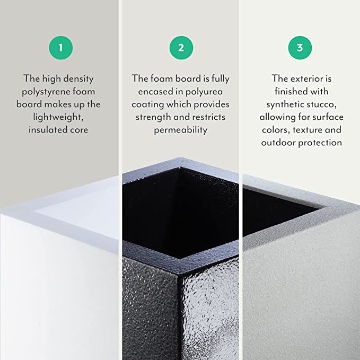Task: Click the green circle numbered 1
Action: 60,48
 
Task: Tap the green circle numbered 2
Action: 181,48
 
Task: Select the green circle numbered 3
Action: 300,48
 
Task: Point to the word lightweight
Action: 61,117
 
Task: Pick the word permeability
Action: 181,130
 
